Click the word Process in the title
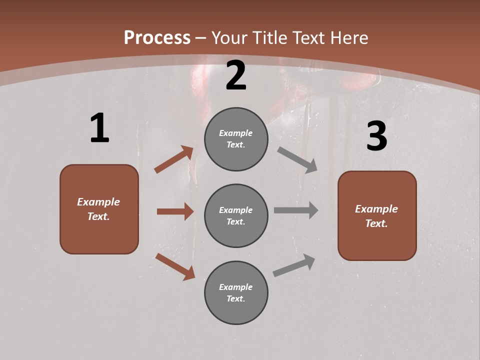(157, 37)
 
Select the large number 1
(99, 128)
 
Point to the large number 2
(236, 75)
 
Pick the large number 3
(376, 136)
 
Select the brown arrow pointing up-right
(174, 159)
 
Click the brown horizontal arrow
(175, 211)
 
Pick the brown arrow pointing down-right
(175, 266)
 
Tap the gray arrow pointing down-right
(297, 160)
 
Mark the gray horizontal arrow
(295, 210)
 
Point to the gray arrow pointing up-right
(294, 265)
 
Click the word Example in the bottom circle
(236, 287)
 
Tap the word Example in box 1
(98, 202)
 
